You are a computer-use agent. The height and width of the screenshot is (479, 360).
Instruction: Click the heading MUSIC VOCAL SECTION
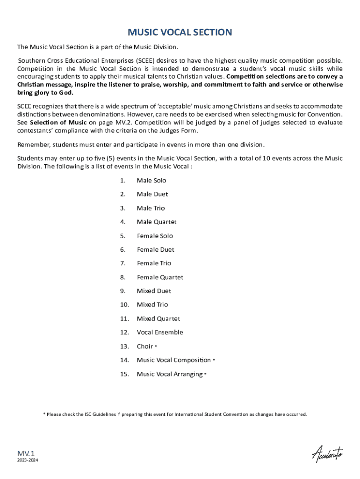[180, 32]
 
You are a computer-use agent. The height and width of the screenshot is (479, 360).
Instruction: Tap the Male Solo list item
[151, 181]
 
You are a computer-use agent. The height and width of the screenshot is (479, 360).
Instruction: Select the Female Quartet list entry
[160, 277]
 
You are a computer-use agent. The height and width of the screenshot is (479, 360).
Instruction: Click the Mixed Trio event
[152, 305]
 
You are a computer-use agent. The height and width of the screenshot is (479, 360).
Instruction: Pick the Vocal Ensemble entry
[159, 333]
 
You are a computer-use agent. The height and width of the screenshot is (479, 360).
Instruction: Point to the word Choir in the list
[144, 347]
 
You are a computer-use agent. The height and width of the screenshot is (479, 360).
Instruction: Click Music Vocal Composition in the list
[173, 360]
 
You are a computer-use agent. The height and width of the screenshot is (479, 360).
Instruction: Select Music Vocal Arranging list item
[169, 374]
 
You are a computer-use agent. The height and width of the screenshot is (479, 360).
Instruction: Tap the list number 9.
[122, 291]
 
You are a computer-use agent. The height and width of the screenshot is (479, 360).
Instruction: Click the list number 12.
[124, 333]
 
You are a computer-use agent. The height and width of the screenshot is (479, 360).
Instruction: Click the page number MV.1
[26, 453]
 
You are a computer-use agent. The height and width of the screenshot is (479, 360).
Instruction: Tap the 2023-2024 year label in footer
[28, 461]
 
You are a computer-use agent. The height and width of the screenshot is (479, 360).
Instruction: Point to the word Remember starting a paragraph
[33, 144]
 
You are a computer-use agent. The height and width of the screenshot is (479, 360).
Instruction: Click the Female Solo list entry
[154, 236]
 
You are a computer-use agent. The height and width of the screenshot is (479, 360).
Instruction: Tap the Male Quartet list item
[156, 222]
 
